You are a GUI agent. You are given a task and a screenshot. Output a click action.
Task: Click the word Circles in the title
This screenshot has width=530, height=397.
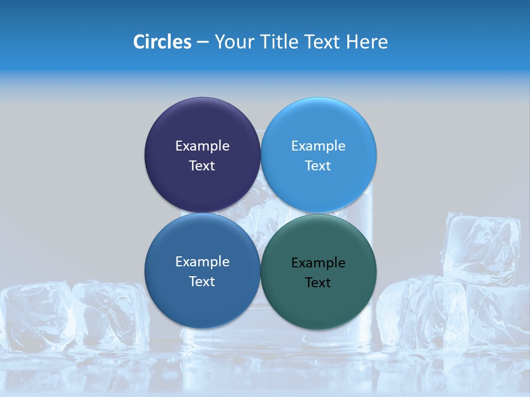(x=162, y=42)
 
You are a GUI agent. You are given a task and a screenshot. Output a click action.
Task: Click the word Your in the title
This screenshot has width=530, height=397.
(x=235, y=42)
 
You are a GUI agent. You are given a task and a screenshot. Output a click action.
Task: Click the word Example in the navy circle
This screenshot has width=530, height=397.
(x=202, y=146)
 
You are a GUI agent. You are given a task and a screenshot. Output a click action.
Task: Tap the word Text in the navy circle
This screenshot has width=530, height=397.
(x=202, y=165)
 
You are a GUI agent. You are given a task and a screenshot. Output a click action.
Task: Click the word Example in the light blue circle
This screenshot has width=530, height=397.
(x=318, y=146)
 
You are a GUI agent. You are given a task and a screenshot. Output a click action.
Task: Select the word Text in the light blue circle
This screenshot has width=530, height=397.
(x=318, y=165)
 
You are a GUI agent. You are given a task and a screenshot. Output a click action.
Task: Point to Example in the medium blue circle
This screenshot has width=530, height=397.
(x=202, y=261)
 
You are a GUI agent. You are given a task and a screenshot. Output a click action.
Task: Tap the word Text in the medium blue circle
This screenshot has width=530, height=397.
(x=202, y=281)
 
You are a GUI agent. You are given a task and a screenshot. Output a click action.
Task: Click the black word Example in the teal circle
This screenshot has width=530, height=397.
(x=318, y=262)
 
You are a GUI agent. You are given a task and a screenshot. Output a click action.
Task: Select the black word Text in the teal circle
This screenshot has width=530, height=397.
(x=318, y=282)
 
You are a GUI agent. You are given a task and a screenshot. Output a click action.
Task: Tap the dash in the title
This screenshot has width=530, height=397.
(x=203, y=42)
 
